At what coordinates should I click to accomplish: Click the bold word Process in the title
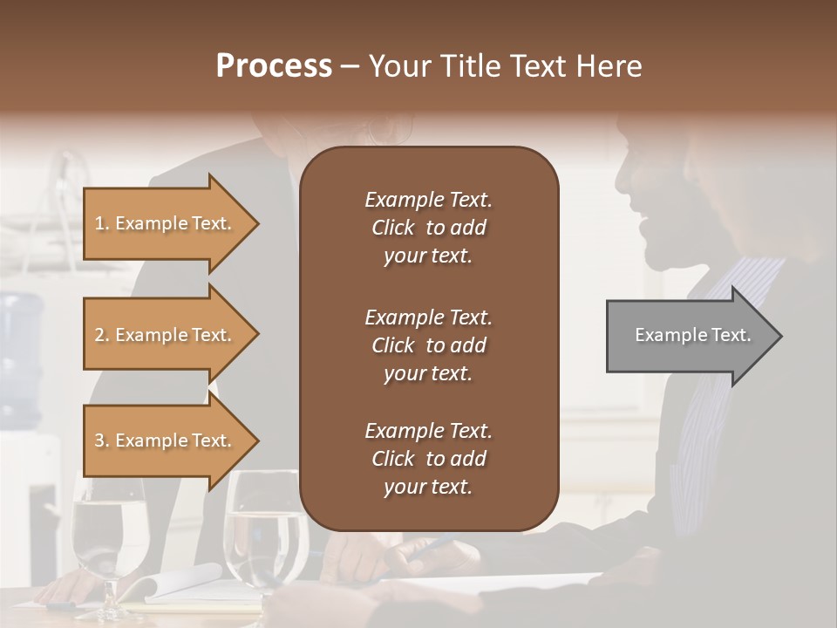pyautogui.click(x=274, y=66)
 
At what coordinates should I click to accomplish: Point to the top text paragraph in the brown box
pyautogui.click(x=428, y=228)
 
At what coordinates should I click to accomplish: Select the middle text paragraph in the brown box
pyautogui.click(x=428, y=345)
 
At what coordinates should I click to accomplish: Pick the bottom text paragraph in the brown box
pyautogui.click(x=428, y=459)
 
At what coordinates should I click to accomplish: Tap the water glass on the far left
pyautogui.click(x=108, y=541)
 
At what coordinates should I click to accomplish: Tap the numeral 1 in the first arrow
pyautogui.click(x=99, y=223)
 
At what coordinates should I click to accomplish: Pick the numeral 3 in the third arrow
pyautogui.click(x=99, y=440)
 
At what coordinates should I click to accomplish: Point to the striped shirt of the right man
pyautogui.click(x=715, y=392)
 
